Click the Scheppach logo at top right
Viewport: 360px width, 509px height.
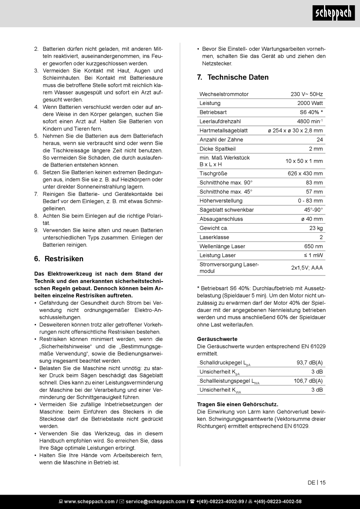point(333,14)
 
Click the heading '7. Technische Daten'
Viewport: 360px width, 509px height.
point(233,77)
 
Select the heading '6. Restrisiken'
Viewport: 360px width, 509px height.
point(59,259)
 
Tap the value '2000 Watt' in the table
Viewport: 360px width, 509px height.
point(310,103)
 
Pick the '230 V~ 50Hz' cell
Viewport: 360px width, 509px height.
point(307,94)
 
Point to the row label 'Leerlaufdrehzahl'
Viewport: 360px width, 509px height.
point(220,121)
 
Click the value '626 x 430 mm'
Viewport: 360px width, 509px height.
point(305,174)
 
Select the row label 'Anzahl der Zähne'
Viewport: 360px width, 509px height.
point(221,139)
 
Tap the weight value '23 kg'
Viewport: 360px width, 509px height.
point(316,228)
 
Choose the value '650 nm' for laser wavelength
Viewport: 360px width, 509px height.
point(313,246)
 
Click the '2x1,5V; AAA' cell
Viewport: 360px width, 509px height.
point(307,268)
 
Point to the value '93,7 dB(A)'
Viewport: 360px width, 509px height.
point(310,363)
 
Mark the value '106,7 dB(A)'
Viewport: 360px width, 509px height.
point(308,381)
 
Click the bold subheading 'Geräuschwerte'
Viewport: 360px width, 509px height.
point(217,339)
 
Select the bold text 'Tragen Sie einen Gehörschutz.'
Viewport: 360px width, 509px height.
point(238,404)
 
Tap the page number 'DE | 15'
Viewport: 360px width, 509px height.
point(316,483)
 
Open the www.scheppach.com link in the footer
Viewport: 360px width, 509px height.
point(89,501)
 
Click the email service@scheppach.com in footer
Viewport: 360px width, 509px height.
point(155,501)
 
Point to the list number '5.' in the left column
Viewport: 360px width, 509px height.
point(36,136)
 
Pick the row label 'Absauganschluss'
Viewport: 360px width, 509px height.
point(221,219)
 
